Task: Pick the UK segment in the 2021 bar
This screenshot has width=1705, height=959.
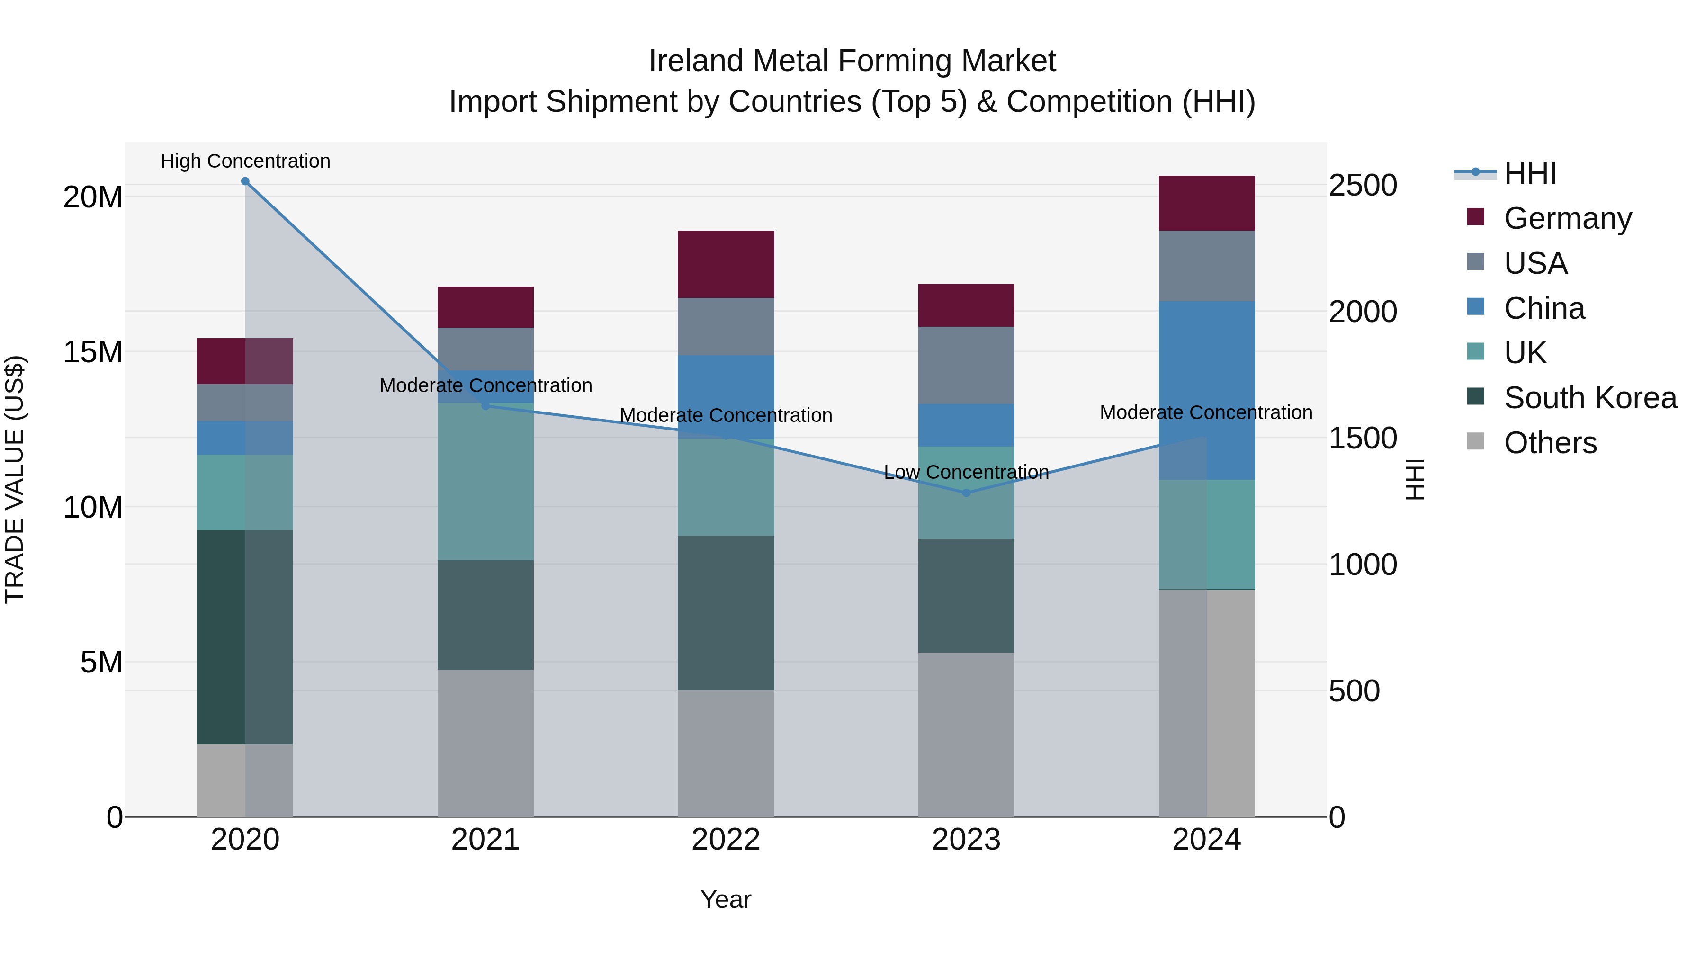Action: point(485,481)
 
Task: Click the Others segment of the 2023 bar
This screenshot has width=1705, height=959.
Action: point(966,734)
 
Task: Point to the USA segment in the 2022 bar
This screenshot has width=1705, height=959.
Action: point(726,326)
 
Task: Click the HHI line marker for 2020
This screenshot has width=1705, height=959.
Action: point(245,181)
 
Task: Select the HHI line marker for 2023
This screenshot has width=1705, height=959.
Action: point(966,493)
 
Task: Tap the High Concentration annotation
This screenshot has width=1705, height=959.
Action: point(245,161)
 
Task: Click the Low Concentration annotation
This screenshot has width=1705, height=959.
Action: point(966,472)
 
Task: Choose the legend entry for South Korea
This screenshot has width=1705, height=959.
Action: point(1590,398)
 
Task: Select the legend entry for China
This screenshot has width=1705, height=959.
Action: point(1543,308)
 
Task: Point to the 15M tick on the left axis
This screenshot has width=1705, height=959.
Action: point(93,351)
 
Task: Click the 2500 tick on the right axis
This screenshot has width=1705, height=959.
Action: point(1363,185)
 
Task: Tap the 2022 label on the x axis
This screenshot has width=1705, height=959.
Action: point(726,840)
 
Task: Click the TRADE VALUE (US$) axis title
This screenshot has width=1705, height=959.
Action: point(15,479)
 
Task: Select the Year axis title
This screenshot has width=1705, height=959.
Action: point(726,899)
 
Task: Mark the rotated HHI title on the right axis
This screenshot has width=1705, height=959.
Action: point(1414,479)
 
